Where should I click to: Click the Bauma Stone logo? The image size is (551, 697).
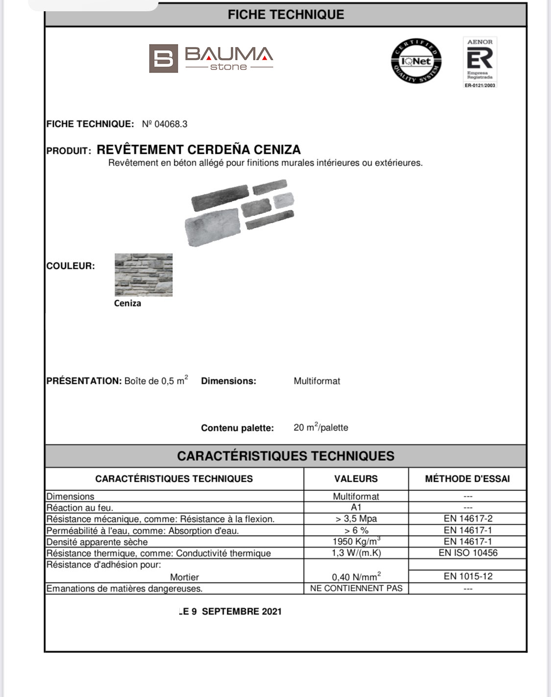pos(211,59)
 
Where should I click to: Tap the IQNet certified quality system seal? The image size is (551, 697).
pos(416,61)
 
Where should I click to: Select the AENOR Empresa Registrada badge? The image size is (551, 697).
pos(480,63)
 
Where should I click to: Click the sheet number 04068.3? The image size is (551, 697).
pos(165,124)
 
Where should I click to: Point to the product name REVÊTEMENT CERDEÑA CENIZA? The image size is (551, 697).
pos(198,150)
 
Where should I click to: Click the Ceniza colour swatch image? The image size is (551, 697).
pos(144,275)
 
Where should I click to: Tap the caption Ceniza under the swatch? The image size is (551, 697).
pos(127,303)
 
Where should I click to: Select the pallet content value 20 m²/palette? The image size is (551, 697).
pos(321,427)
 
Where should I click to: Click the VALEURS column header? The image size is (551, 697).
pos(356,479)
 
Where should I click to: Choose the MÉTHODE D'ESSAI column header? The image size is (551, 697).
pos(467,479)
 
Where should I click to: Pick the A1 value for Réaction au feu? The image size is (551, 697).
pos(356,508)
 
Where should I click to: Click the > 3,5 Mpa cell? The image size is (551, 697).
pos(356,519)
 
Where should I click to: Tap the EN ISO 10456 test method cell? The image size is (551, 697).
pos(468,553)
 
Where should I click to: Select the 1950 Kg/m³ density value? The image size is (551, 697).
pos(356,541)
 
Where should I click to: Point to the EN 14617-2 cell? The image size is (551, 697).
pos(468,519)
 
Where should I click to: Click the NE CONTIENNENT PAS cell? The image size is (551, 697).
pos(356,588)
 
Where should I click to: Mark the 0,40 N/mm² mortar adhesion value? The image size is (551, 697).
pos(356,577)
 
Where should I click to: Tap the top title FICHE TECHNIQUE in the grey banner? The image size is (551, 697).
pos(286,15)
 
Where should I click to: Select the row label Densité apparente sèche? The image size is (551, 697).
pos(97,542)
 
